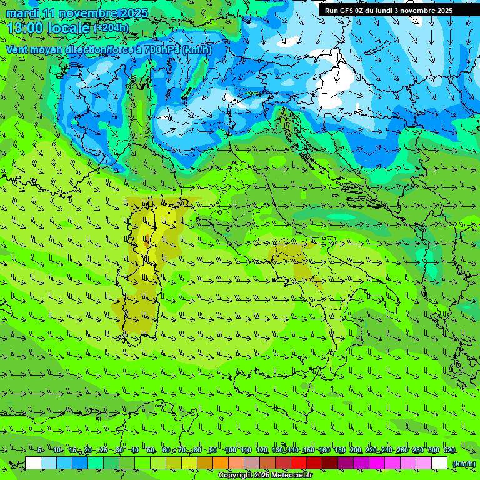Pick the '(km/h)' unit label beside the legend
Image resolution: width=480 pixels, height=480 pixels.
[463, 463]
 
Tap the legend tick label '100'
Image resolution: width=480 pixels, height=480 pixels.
[230, 451]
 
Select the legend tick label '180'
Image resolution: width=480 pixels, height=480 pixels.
[339, 451]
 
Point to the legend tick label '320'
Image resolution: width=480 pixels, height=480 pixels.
[449, 451]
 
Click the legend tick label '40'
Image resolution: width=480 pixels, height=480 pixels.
[135, 451]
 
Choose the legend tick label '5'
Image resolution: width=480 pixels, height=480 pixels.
[39, 451]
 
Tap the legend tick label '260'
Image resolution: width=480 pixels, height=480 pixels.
[402, 451]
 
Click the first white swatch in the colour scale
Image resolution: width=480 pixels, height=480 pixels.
[33, 463]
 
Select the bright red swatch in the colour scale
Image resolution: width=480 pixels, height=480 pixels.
[299, 463]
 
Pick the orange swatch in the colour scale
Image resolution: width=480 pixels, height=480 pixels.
[221, 463]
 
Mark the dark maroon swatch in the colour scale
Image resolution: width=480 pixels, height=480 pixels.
[330, 463]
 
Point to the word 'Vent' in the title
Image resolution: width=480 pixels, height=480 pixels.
[17, 49]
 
